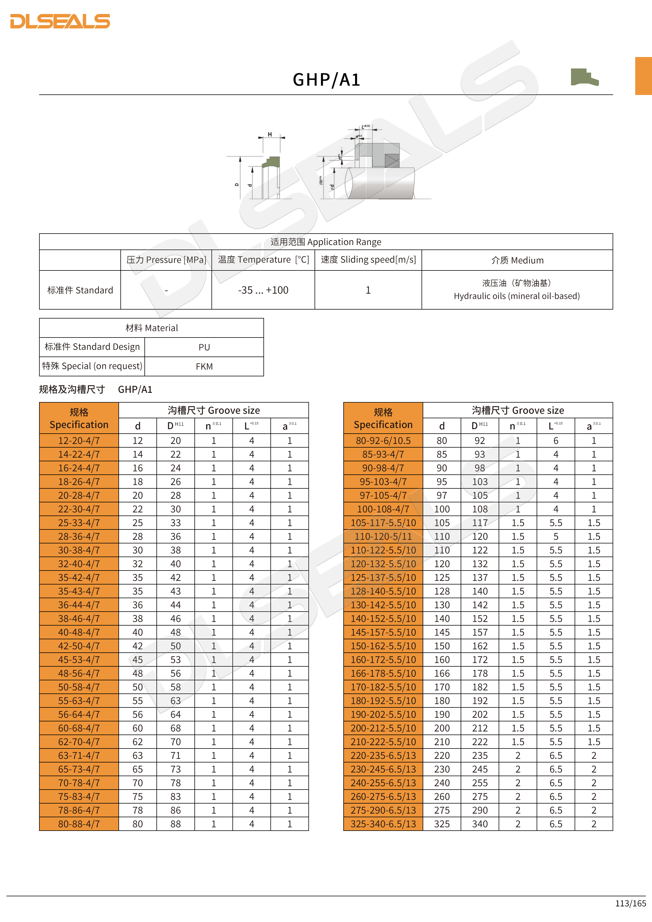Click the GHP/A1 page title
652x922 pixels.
(x=326, y=80)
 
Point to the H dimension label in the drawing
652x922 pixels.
(x=270, y=134)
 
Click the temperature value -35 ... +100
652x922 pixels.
(x=263, y=290)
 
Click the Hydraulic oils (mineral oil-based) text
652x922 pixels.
(x=517, y=296)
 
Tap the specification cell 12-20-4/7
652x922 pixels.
(x=79, y=441)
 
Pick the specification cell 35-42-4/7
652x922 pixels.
(x=79, y=578)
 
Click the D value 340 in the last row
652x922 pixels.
(x=480, y=824)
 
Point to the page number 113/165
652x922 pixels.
(x=630, y=903)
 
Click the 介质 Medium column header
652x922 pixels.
(x=517, y=260)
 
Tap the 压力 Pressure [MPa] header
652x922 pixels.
(x=166, y=260)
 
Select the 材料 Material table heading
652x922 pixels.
(x=151, y=328)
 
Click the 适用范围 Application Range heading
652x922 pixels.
(x=326, y=242)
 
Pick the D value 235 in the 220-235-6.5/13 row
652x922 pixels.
(x=480, y=755)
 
